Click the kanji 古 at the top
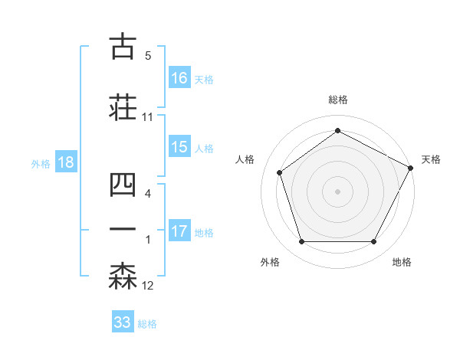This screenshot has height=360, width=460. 123,47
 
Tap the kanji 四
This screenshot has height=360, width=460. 123,186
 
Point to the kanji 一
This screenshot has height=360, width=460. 123,230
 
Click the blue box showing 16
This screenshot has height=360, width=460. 179,77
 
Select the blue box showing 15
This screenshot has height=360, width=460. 179,147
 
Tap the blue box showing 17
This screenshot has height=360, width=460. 179,231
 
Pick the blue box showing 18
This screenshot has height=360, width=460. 65,162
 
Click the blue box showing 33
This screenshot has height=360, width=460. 123,322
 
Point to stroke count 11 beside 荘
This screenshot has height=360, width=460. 148,117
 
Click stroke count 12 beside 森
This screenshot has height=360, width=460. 148,286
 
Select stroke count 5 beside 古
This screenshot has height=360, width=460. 148,55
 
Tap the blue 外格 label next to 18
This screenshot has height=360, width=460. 41,163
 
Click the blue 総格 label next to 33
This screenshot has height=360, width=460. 147,324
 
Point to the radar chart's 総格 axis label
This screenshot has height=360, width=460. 337,100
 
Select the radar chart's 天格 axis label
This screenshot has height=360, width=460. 431,159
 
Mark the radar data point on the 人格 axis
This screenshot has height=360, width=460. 280,172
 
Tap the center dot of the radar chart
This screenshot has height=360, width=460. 337,191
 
